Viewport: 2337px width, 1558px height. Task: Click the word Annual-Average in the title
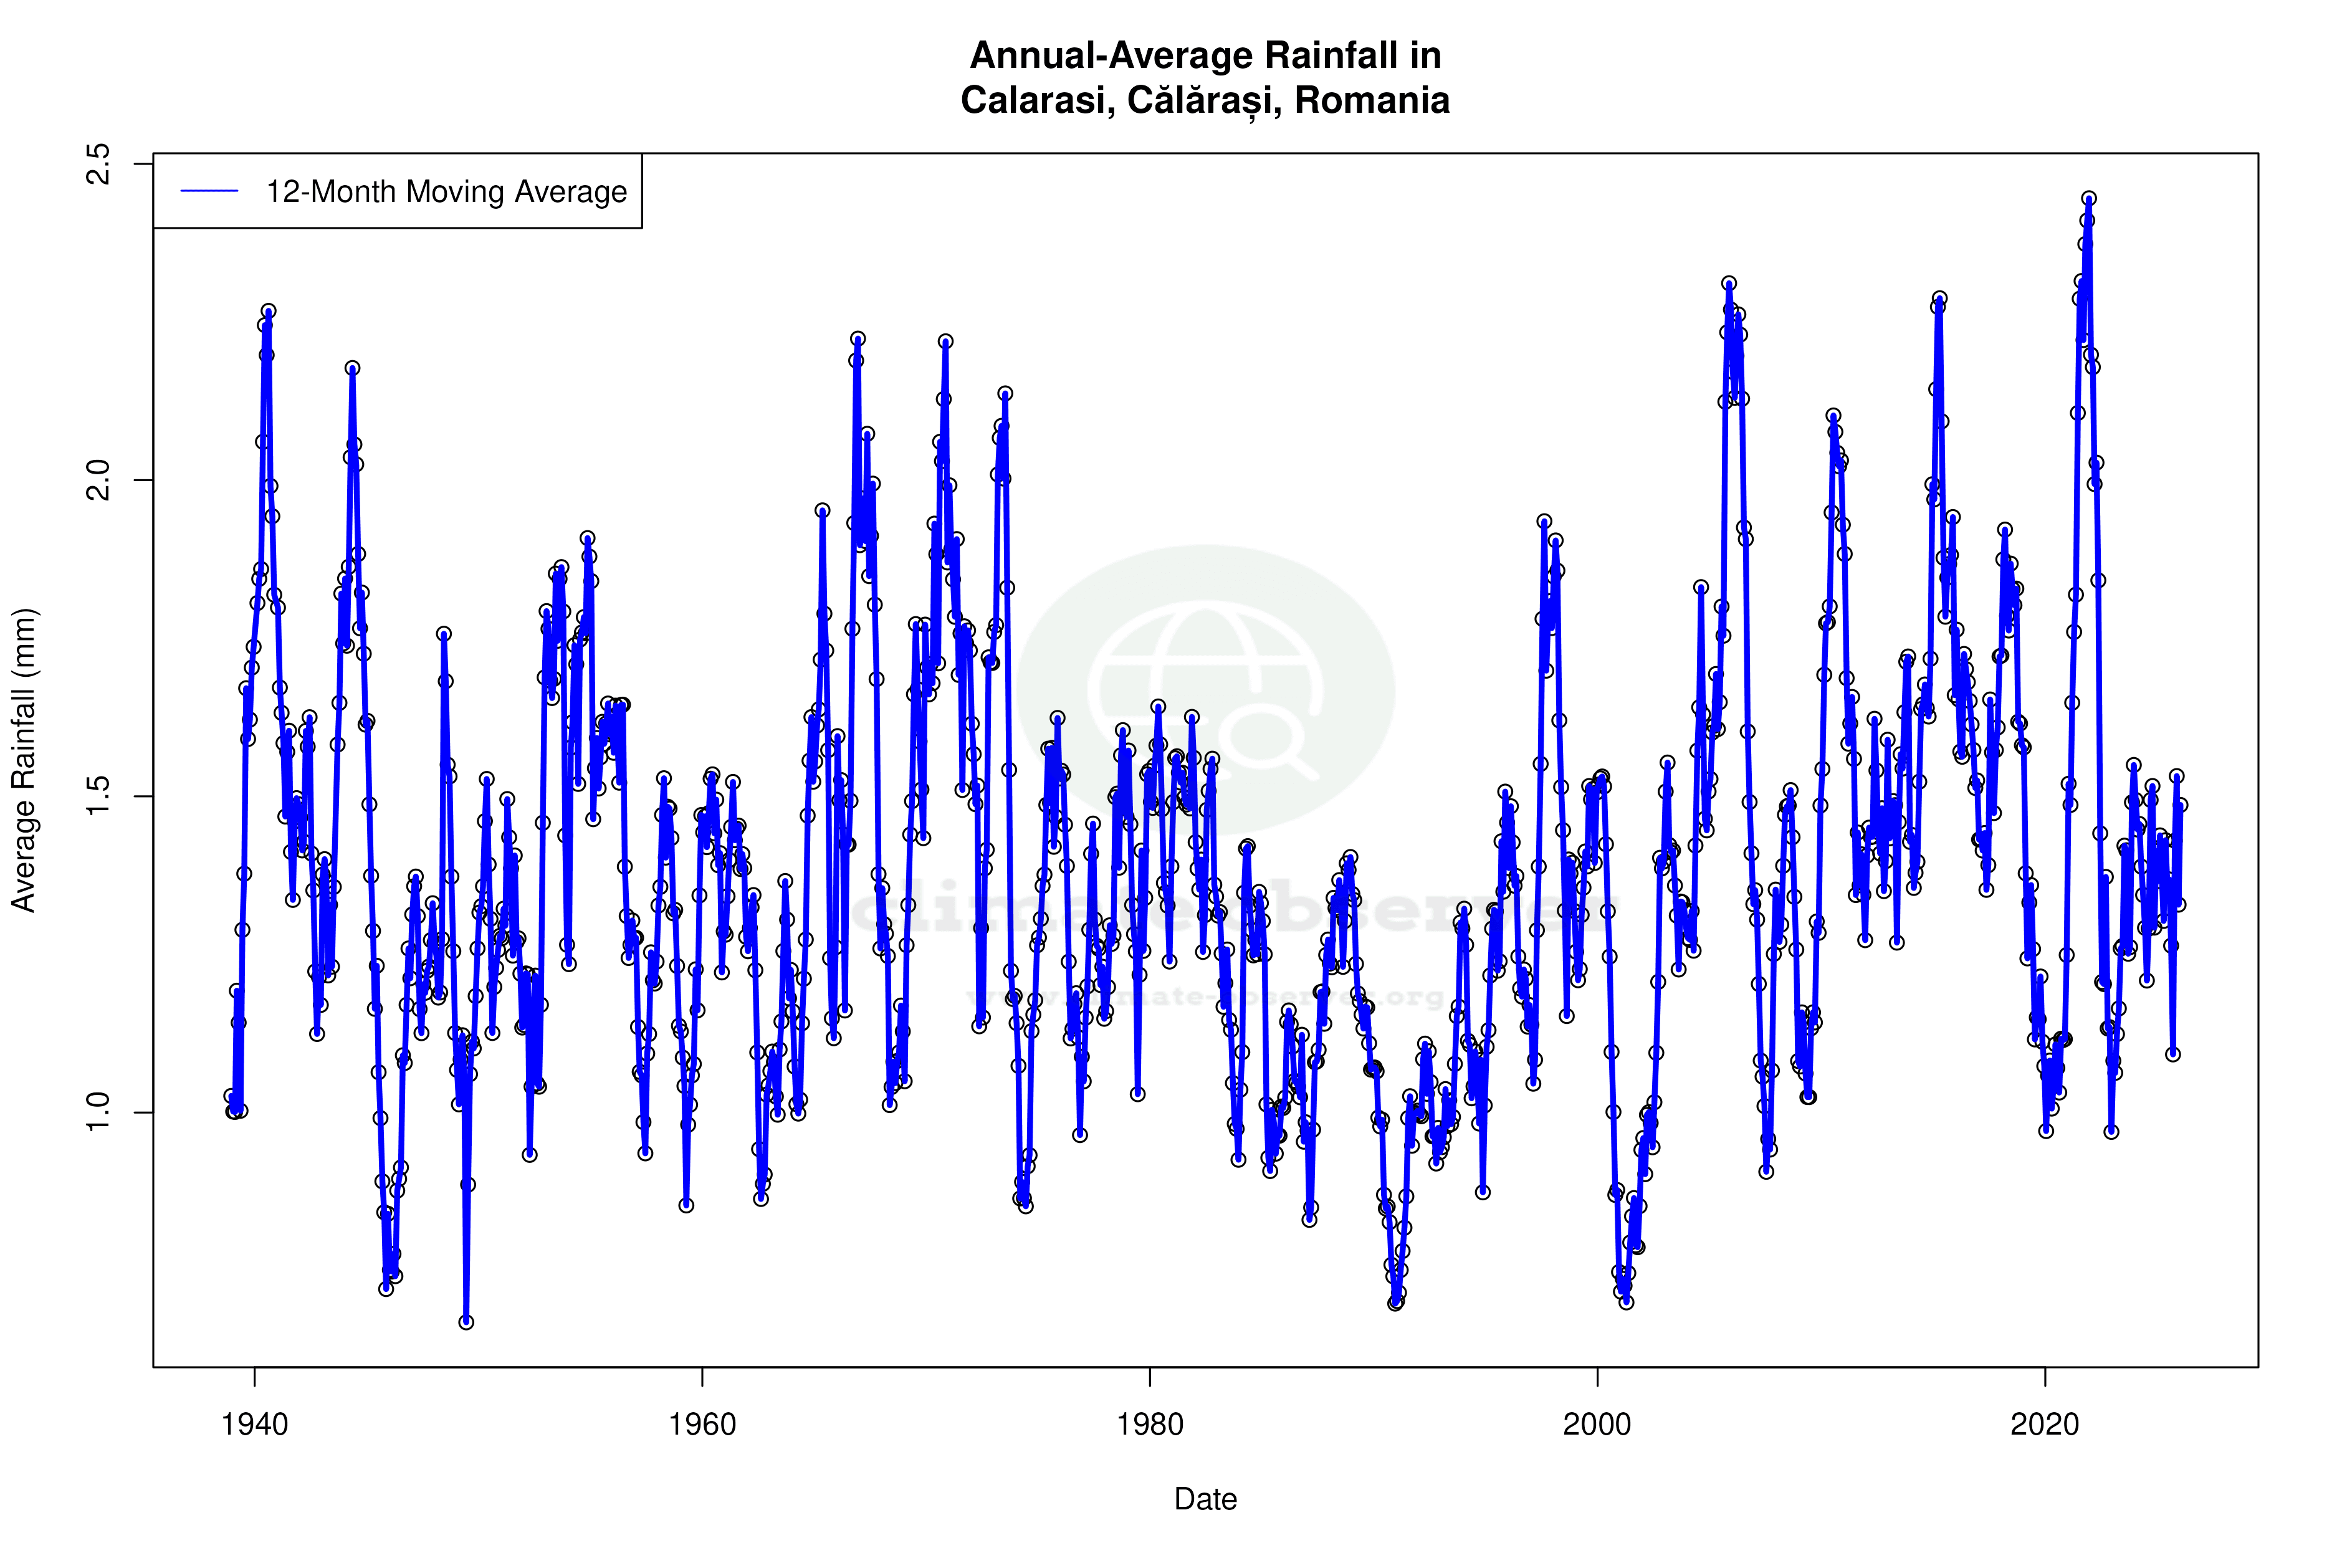1105,55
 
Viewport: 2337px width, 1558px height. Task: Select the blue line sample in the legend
209,191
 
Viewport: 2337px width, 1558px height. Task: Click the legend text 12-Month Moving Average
446,192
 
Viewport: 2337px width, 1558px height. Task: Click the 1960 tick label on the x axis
702,1425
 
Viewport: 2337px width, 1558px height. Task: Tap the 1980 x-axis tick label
1150,1425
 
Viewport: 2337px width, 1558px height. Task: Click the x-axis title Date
1205,1499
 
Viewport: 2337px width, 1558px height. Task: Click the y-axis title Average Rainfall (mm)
24,760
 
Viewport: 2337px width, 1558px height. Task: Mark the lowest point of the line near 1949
466,1322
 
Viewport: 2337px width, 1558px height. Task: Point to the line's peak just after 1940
268,311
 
